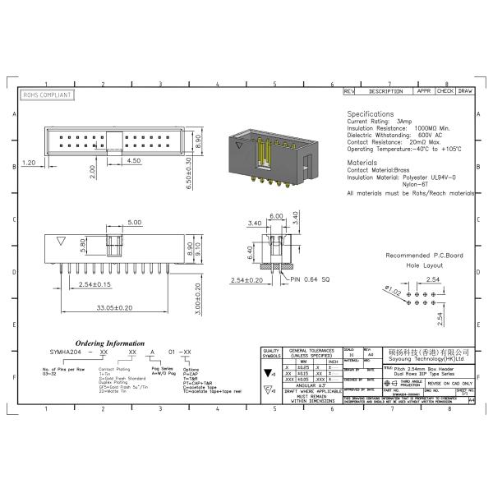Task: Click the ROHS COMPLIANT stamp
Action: click(x=46, y=95)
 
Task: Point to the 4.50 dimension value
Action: click(x=132, y=162)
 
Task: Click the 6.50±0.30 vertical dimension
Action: click(x=188, y=175)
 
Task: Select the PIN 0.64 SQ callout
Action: click(x=307, y=279)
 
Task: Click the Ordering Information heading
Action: click(x=111, y=343)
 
